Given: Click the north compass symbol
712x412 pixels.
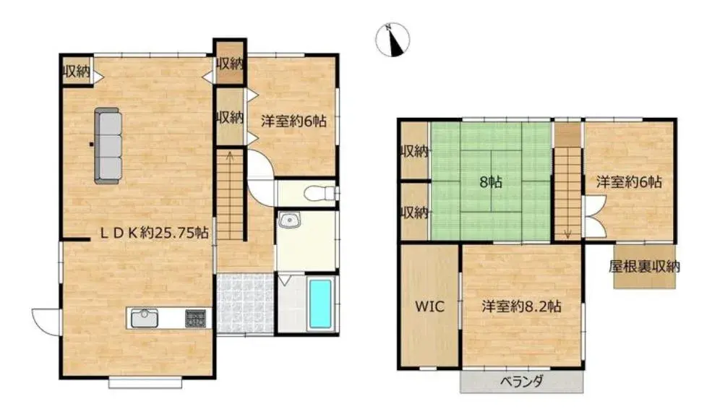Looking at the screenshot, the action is click(x=393, y=40).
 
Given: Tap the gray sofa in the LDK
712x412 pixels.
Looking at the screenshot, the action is click(x=108, y=146).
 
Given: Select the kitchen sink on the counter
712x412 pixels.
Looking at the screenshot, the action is click(x=145, y=317).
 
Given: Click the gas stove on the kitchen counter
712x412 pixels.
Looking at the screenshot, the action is click(x=196, y=318).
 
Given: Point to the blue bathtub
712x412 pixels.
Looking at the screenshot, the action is click(x=320, y=304).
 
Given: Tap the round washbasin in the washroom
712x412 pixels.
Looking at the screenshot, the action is click(x=288, y=220).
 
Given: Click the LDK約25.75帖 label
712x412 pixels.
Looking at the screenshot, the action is click(x=155, y=233).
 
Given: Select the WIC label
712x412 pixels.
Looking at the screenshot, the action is click(x=429, y=306).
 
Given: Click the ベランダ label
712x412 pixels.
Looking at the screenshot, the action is click(x=522, y=381).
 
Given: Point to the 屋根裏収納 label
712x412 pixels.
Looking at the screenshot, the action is click(x=644, y=267).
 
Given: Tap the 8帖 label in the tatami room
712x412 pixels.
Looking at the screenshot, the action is click(x=491, y=182).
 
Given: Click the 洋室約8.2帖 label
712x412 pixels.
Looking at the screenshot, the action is click(x=522, y=306).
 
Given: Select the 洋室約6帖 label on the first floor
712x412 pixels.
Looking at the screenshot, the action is click(x=293, y=121).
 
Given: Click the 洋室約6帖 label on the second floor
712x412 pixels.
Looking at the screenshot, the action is click(x=629, y=182).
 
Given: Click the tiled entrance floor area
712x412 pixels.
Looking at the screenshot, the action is click(x=245, y=304).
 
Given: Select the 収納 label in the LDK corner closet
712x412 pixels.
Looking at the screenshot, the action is click(x=77, y=71).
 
